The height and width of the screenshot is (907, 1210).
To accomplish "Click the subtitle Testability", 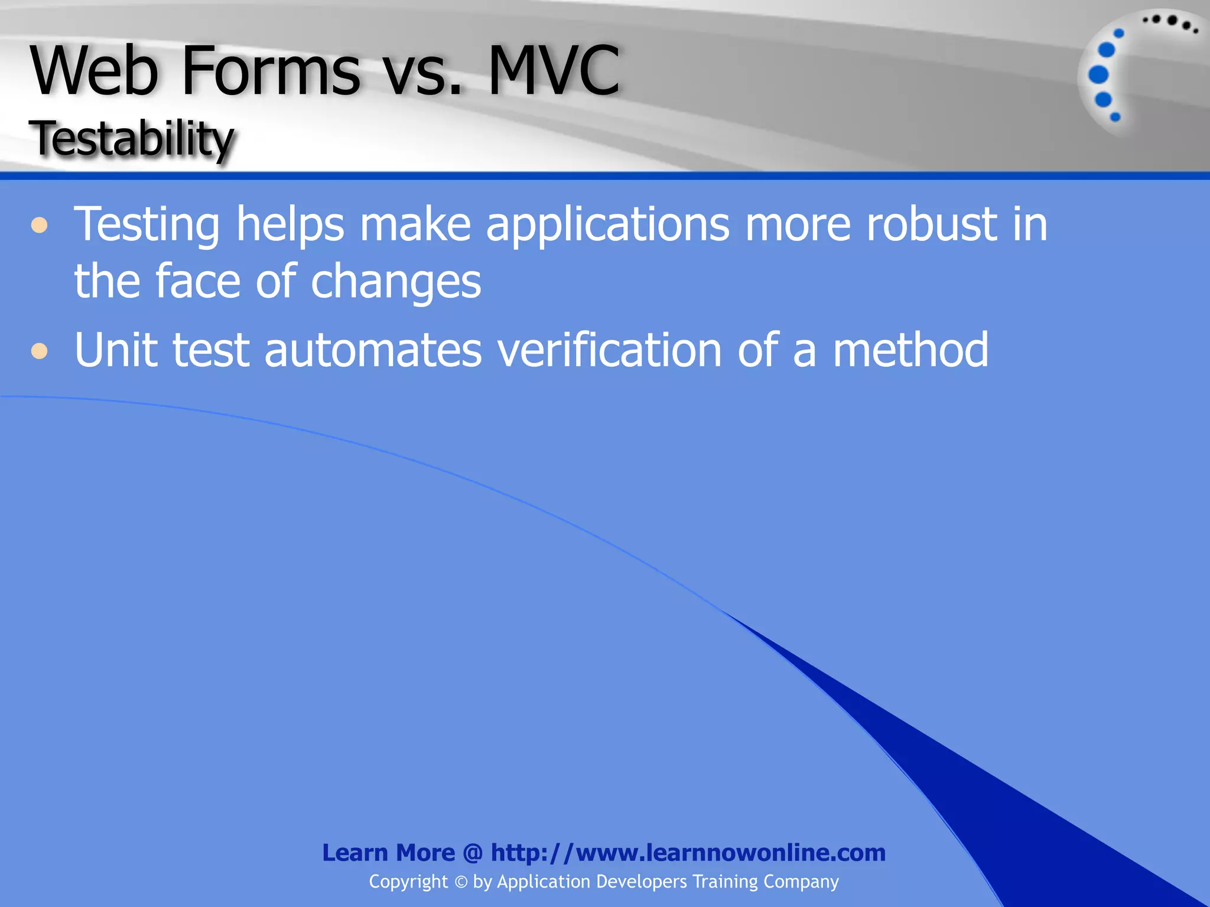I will pos(134,139).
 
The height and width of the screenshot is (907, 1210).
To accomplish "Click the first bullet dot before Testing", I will pos(39,226).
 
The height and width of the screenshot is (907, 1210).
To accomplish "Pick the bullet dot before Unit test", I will pos(39,351).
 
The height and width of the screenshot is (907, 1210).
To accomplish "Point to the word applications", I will pos(607,226).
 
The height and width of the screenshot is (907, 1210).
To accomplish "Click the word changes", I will pos(396,282).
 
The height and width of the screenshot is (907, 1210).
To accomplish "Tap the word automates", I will pos(373,350).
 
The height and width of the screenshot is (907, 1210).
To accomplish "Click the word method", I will pos(910,350).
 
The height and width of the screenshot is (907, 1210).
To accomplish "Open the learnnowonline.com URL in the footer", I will pos(688,853).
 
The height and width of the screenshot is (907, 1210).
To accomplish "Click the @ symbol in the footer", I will pos(473,853).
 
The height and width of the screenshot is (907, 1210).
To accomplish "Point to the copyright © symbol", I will pos(461,882).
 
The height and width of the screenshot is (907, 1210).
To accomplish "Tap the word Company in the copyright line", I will pos(801,882).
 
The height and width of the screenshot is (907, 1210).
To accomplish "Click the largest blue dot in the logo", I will pos(1098,74).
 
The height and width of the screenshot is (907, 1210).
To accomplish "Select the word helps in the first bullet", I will pos(290,226).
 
